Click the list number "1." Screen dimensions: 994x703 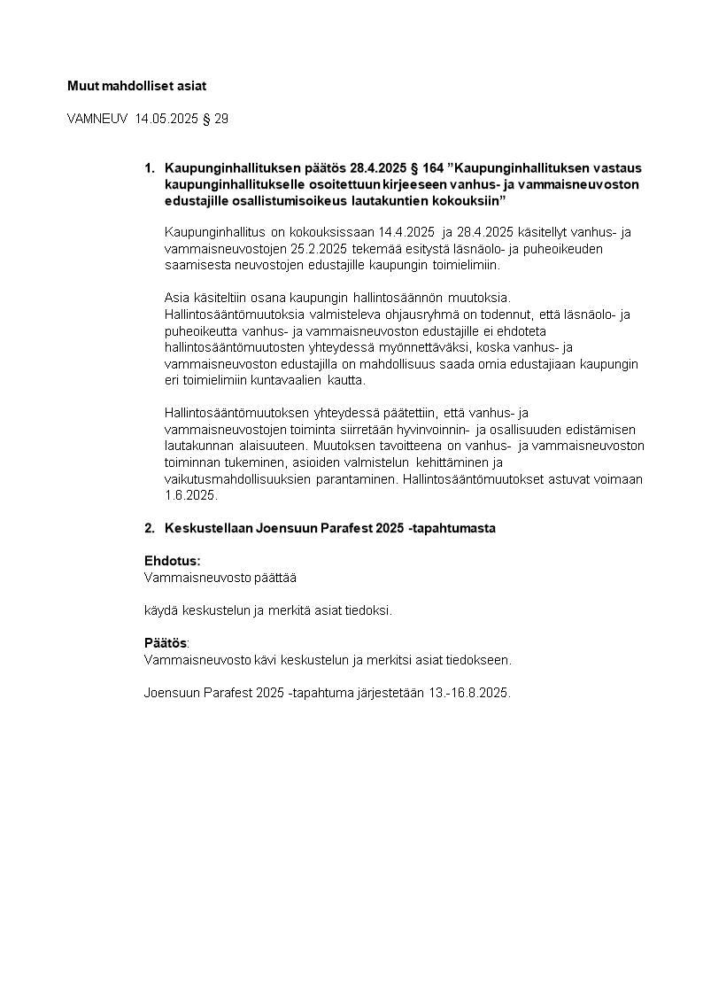150,167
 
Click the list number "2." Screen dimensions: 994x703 150,528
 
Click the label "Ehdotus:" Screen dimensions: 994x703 173,561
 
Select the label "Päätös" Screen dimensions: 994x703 166,643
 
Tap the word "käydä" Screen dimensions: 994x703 159,610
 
